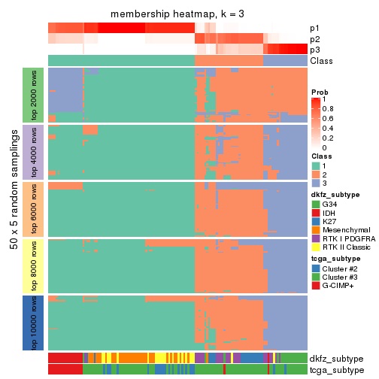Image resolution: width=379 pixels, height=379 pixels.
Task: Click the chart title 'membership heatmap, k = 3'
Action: tap(177, 14)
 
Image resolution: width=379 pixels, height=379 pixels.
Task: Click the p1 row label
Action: tap(314, 29)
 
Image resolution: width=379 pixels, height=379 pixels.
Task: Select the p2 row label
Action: tap(314, 39)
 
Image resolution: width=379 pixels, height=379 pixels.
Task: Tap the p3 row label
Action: tap(314, 50)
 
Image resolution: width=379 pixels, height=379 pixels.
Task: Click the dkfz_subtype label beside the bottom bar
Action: tap(336, 359)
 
